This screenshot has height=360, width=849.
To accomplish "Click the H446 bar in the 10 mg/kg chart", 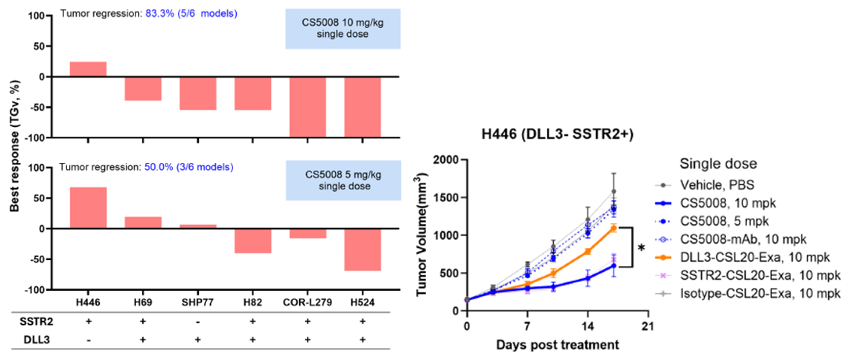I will click(88, 69).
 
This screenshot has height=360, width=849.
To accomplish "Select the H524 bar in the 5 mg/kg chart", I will click(363, 250).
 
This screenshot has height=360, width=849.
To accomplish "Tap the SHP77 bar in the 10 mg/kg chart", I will click(198, 93).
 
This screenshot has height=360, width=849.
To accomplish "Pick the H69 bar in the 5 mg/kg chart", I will click(143, 222).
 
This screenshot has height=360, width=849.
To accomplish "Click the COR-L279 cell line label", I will click(307, 302).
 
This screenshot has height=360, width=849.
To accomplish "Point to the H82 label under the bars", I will click(252, 302).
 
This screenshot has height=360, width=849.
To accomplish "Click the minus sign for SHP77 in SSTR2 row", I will click(198, 321).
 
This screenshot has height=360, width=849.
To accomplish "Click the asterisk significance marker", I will click(642, 247).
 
